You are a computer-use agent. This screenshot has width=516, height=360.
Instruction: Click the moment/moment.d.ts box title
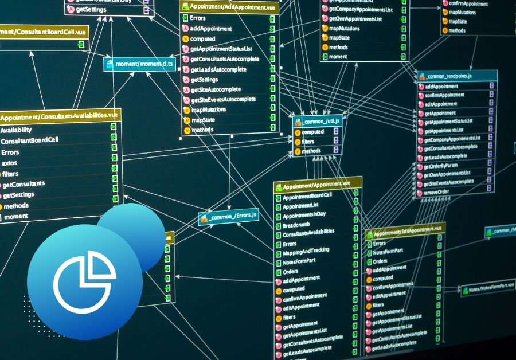(140, 64)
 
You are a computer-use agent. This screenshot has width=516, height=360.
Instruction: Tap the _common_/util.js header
(318, 121)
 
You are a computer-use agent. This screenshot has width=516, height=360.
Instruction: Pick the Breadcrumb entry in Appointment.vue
(297, 226)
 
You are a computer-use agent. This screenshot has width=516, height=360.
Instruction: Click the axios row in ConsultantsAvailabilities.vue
(10, 163)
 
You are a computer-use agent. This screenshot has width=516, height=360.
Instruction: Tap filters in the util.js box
(308, 141)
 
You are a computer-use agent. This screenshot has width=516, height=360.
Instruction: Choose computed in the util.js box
(312, 132)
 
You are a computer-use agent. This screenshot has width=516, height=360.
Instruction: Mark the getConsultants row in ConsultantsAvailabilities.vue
(24, 185)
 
